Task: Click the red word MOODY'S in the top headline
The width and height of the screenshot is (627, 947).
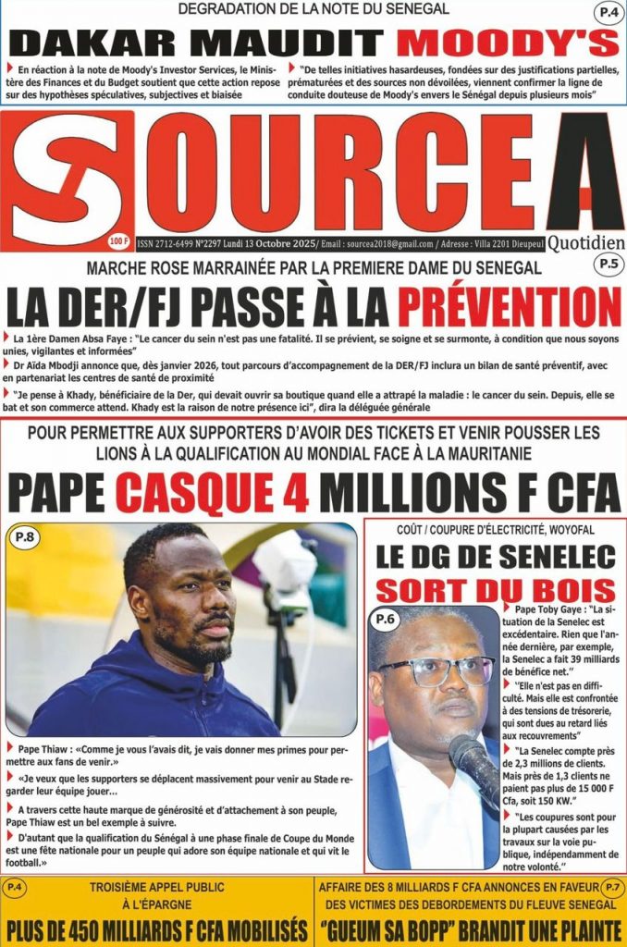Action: (510, 43)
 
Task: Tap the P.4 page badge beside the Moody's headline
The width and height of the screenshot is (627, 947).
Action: (607, 14)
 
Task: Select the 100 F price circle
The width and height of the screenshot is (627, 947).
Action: (119, 241)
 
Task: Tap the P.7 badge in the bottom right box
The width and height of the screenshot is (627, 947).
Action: (611, 888)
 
